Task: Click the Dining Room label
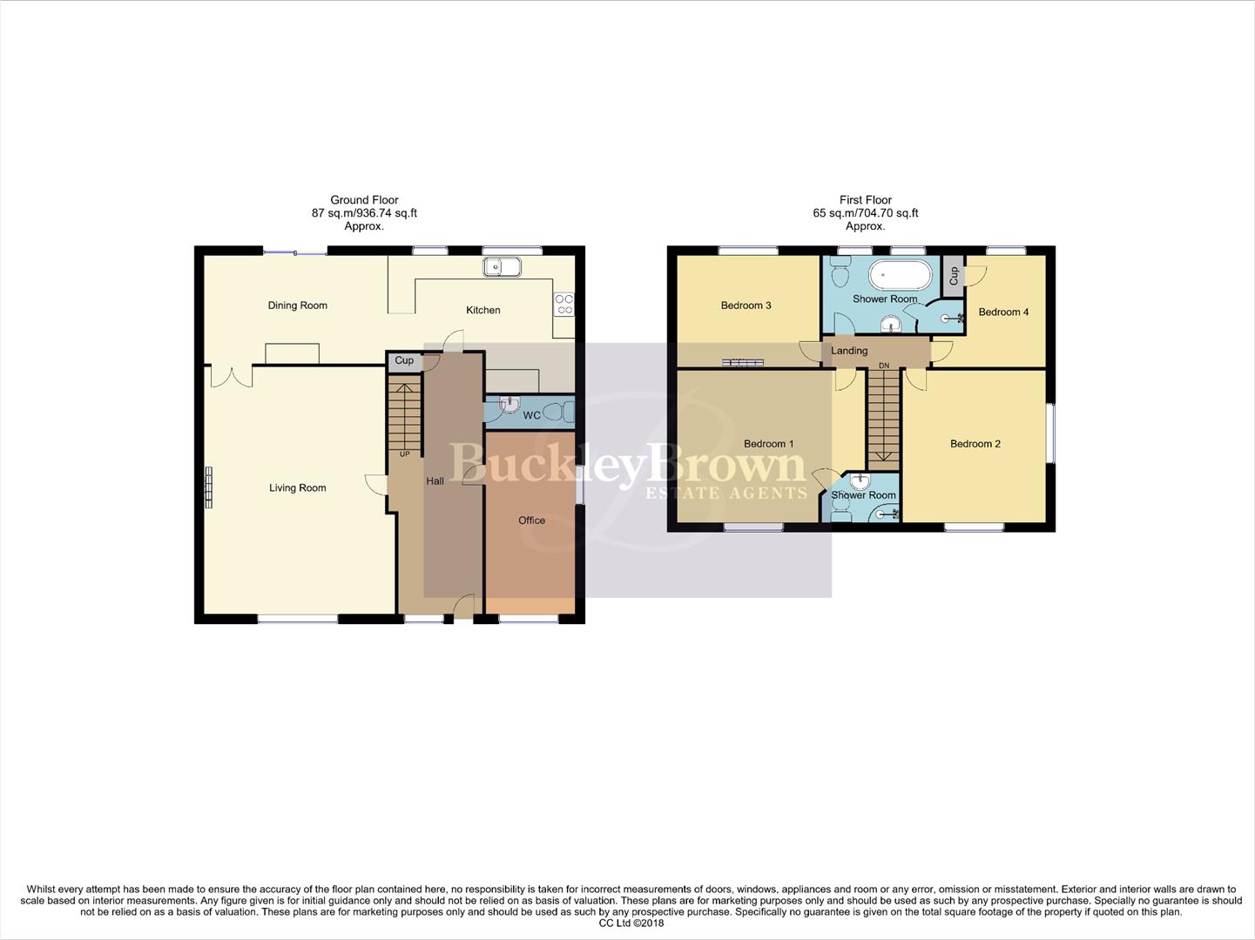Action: pyautogui.click(x=297, y=305)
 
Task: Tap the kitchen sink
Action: pyautogui.click(x=502, y=267)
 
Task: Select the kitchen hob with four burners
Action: pyautogui.click(x=563, y=304)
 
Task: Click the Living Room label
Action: pyautogui.click(x=297, y=488)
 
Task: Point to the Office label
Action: pyautogui.click(x=531, y=520)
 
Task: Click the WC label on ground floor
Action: pyautogui.click(x=531, y=415)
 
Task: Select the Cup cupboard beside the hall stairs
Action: pyautogui.click(x=404, y=361)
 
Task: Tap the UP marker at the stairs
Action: pyautogui.click(x=404, y=454)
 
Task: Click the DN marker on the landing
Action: pyautogui.click(x=884, y=366)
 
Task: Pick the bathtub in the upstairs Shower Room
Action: pyautogui.click(x=900, y=275)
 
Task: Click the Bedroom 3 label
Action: pyautogui.click(x=746, y=305)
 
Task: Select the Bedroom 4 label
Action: pyautogui.click(x=1003, y=312)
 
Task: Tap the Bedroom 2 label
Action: pyautogui.click(x=975, y=444)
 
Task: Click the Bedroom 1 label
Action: pyautogui.click(x=768, y=444)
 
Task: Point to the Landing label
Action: pyautogui.click(x=849, y=351)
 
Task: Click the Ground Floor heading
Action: pyautogui.click(x=364, y=200)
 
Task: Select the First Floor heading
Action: pyautogui.click(x=865, y=200)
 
